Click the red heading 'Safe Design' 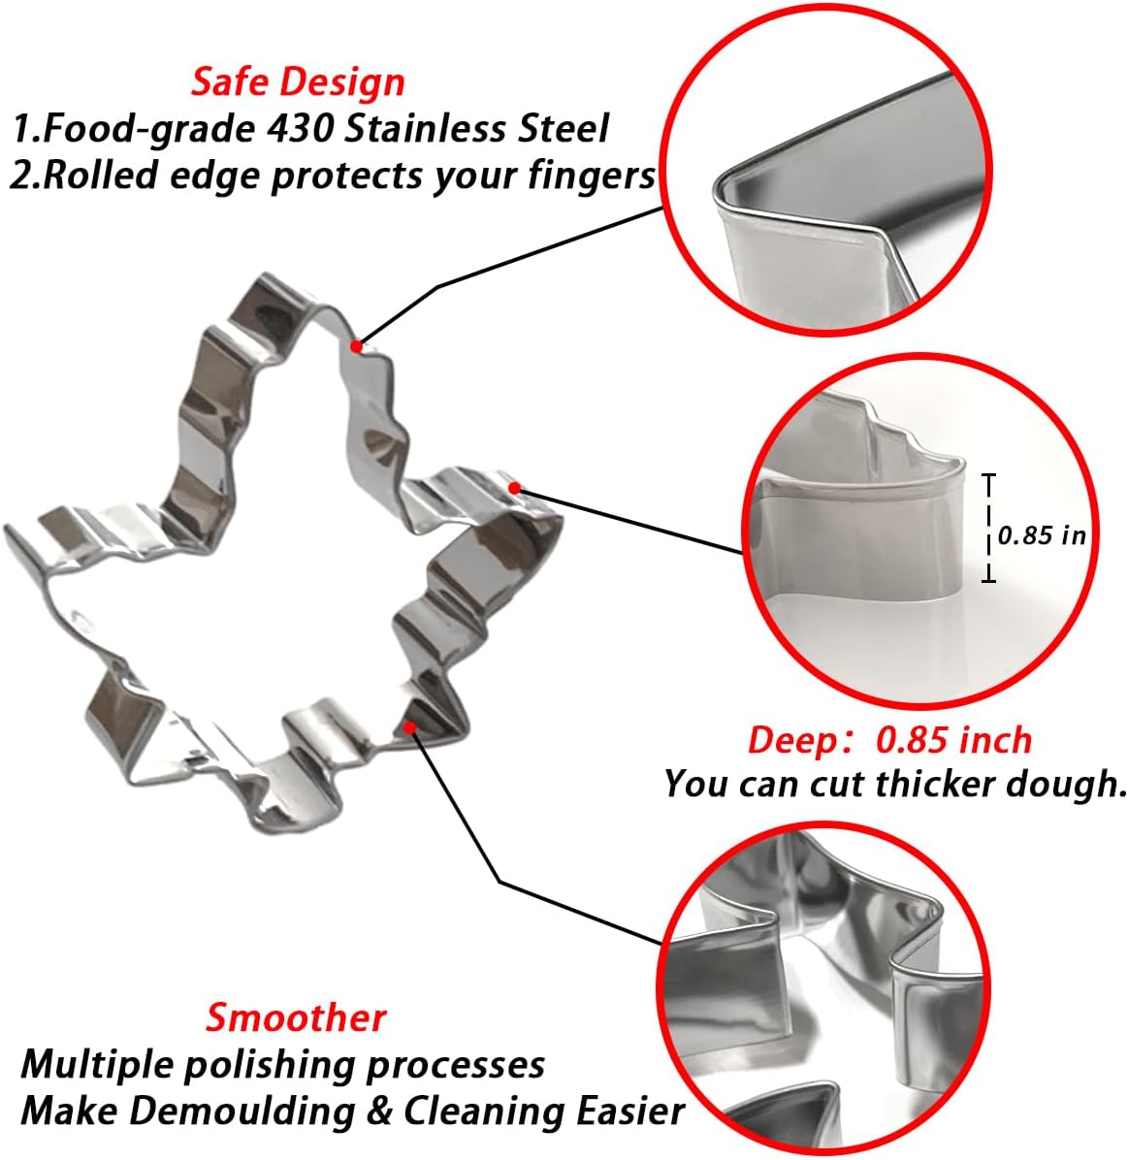point(298,82)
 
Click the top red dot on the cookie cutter point(357,345)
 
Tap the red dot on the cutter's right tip point(515,488)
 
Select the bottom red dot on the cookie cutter point(409,728)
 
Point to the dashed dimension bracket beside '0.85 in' point(989,528)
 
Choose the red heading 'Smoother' point(296,1017)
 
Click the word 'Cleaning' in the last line point(480,1112)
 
